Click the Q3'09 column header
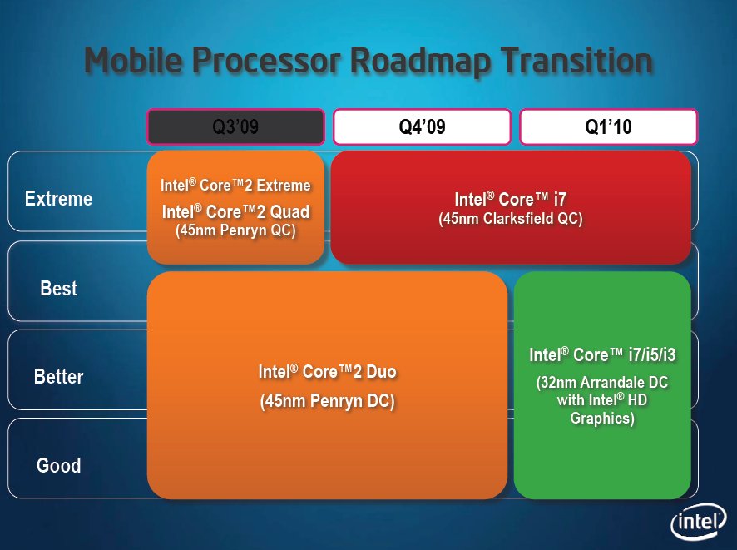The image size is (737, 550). click(235, 126)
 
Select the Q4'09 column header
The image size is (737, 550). click(422, 126)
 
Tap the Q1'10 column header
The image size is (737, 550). click(608, 126)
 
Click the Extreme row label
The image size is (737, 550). click(58, 198)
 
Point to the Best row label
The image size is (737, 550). click(58, 288)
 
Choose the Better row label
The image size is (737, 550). click(58, 377)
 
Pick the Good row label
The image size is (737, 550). click(58, 465)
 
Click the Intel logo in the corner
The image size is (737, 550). click(699, 522)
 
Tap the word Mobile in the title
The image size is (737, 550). click(133, 60)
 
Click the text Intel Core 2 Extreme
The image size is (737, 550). click(235, 186)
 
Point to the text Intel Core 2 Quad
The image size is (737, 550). click(235, 211)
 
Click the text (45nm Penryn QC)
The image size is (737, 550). click(235, 230)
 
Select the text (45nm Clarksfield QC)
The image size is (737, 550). click(511, 219)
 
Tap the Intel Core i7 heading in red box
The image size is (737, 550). click(511, 199)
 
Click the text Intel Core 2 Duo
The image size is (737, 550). click(327, 371)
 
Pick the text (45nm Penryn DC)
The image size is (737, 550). click(327, 401)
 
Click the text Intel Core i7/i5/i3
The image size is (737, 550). click(602, 354)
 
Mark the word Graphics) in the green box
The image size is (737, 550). click(602, 418)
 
